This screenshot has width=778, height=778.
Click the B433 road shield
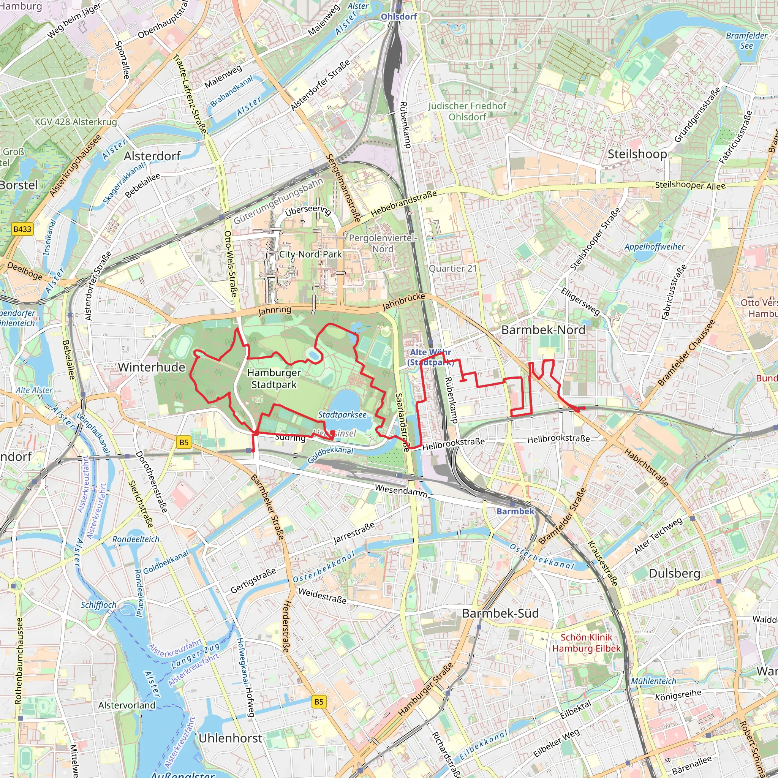point(22,229)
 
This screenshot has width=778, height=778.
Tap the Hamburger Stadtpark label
point(274,378)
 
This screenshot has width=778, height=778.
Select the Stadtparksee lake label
point(342,415)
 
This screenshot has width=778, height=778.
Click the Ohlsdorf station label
point(398,16)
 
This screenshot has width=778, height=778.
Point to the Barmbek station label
point(515,511)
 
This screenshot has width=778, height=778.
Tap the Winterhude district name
point(152,367)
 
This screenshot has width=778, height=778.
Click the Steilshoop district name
point(637,154)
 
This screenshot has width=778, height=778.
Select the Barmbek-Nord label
point(543,330)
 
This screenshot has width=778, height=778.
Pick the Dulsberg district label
point(675,573)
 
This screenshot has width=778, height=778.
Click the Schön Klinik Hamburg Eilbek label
point(586,643)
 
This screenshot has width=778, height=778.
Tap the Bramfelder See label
point(746,40)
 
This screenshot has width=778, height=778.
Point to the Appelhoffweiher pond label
point(655,247)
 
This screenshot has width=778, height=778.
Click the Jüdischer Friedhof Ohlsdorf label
point(467,111)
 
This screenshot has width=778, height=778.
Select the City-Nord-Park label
point(310,254)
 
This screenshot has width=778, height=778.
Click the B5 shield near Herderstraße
point(318,702)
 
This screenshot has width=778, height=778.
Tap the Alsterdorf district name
point(152,156)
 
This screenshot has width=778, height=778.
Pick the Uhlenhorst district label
point(230,738)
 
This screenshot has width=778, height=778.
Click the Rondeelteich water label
point(136,539)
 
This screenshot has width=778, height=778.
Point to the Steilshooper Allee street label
point(690,185)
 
